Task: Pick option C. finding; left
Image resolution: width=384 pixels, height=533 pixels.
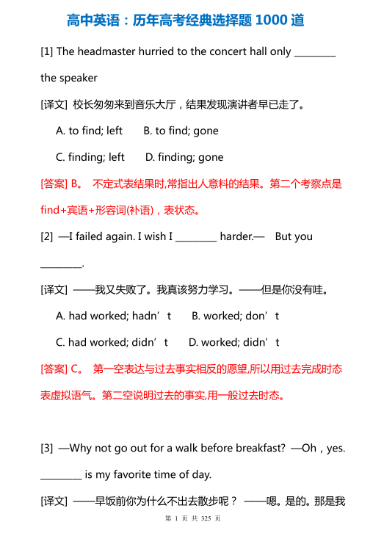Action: pyautogui.click(x=90, y=157)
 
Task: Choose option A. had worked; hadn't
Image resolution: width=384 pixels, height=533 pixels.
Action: pyautogui.click(x=114, y=316)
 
